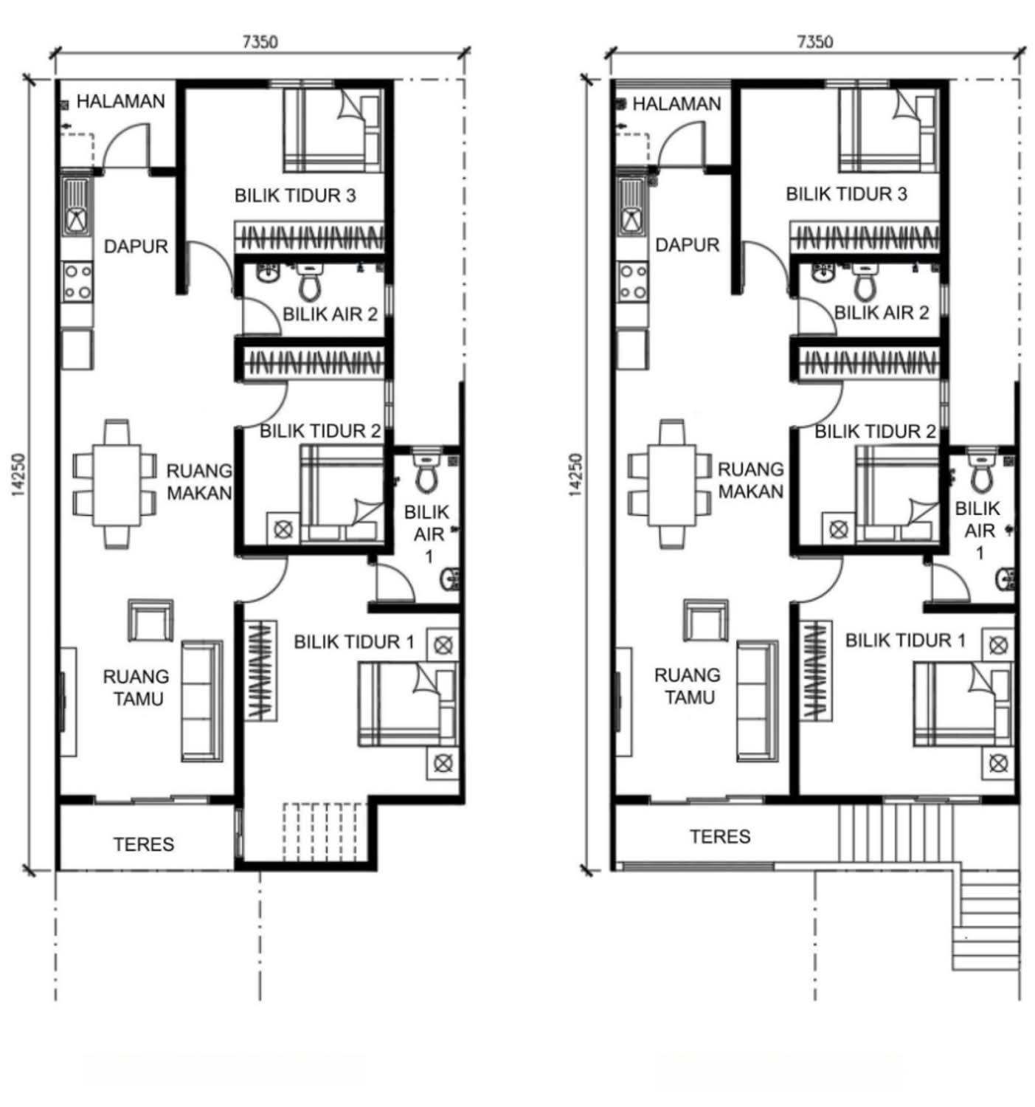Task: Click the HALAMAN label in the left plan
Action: point(120,101)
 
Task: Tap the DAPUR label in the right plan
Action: point(687,245)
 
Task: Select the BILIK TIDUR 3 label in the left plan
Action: point(295,196)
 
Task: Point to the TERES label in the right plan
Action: point(720,836)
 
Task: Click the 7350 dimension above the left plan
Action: point(260,42)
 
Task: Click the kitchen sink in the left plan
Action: point(77,206)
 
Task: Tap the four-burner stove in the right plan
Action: point(633,282)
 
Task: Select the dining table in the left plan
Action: point(117,484)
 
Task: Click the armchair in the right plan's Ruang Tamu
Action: point(706,621)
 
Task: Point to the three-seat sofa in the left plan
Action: point(201,700)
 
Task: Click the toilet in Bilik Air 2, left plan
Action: point(309,281)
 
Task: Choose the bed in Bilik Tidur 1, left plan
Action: point(407,703)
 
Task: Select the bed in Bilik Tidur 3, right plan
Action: point(888,130)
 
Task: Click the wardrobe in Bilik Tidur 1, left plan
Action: point(261,670)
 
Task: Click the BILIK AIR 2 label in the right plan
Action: point(881,313)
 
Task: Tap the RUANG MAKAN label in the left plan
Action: point(199,482)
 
